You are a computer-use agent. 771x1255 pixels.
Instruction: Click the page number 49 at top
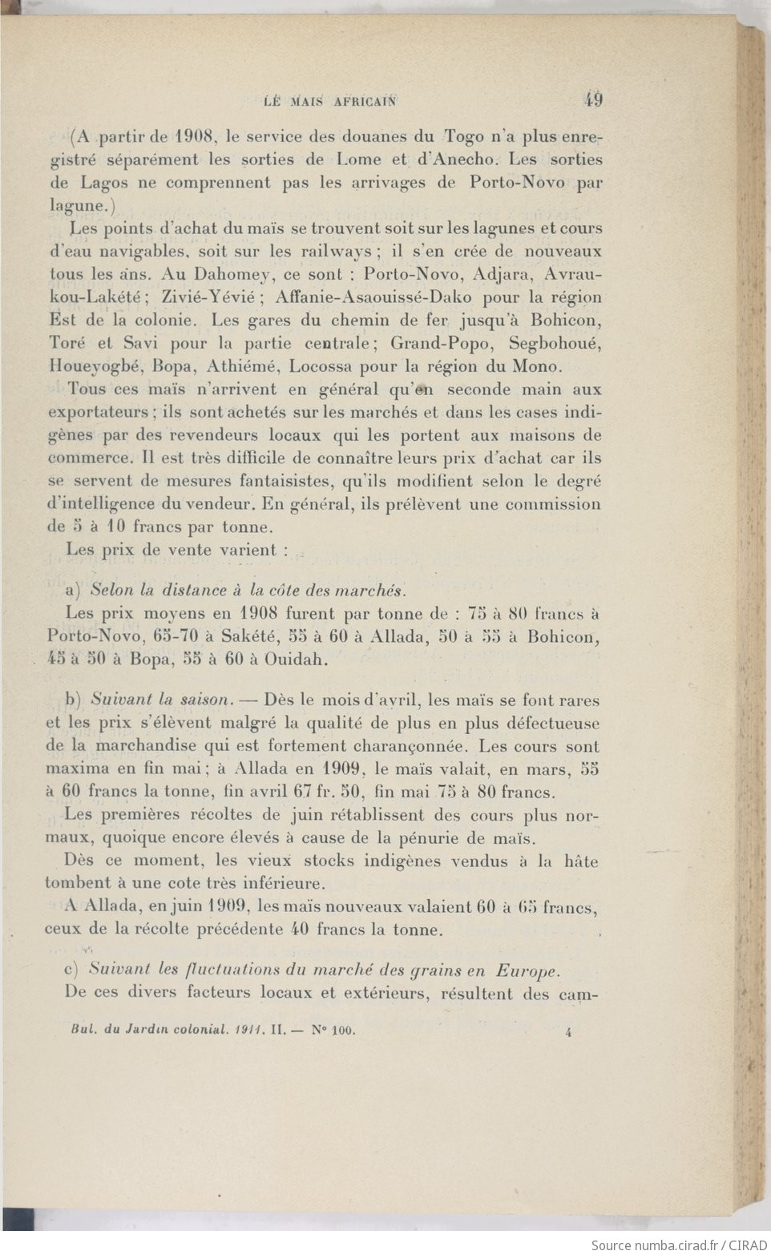(x=594, y=100)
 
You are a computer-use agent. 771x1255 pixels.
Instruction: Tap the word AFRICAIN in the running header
(x=359, y=102)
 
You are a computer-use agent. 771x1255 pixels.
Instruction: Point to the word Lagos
(x=108, y=182)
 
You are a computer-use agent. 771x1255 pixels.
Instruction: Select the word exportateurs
(x=97, y=413)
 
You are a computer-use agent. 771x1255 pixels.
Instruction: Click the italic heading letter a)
(x=73, y=591)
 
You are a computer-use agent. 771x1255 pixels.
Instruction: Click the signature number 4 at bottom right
(x=567, y=1033)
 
